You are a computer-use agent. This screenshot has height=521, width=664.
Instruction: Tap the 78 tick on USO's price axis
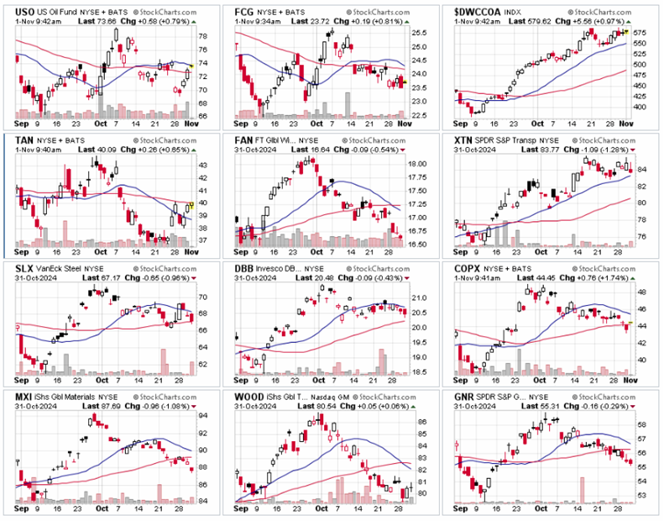pyautogui.click(x=204, y=36)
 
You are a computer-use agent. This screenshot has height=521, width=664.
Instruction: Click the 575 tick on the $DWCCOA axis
pyautogui.click(x=641, y=31)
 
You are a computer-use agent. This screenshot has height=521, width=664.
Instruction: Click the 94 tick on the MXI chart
pyautogui.click(x=204, y=415)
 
